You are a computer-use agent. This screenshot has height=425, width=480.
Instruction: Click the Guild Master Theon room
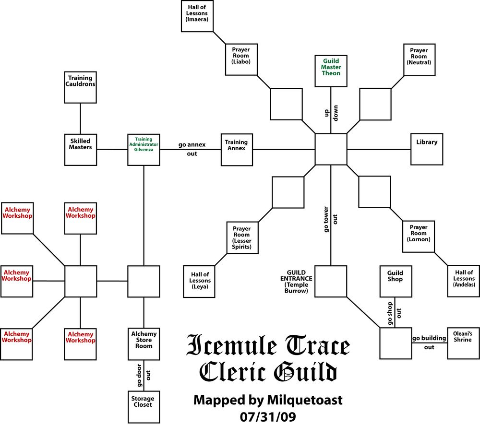331,71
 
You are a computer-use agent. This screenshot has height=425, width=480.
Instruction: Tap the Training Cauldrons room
80,87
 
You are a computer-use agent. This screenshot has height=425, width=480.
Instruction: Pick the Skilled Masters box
80,150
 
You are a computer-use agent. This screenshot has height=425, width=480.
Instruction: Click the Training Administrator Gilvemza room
144,150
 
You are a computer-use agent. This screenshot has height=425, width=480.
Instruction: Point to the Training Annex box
236,150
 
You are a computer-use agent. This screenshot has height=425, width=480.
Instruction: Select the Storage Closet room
144,407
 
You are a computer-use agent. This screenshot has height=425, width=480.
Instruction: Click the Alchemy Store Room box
144,344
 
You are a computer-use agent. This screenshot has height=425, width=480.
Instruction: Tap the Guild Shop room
395,281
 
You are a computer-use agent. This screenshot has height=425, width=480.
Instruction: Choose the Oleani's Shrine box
464,343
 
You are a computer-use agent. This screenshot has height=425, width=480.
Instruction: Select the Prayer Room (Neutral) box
419,59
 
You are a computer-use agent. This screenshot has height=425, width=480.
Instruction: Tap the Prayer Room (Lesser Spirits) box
242,238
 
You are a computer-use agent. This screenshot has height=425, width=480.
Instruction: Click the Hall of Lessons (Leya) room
199,281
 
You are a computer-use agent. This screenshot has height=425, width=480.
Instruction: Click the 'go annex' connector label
192,144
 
